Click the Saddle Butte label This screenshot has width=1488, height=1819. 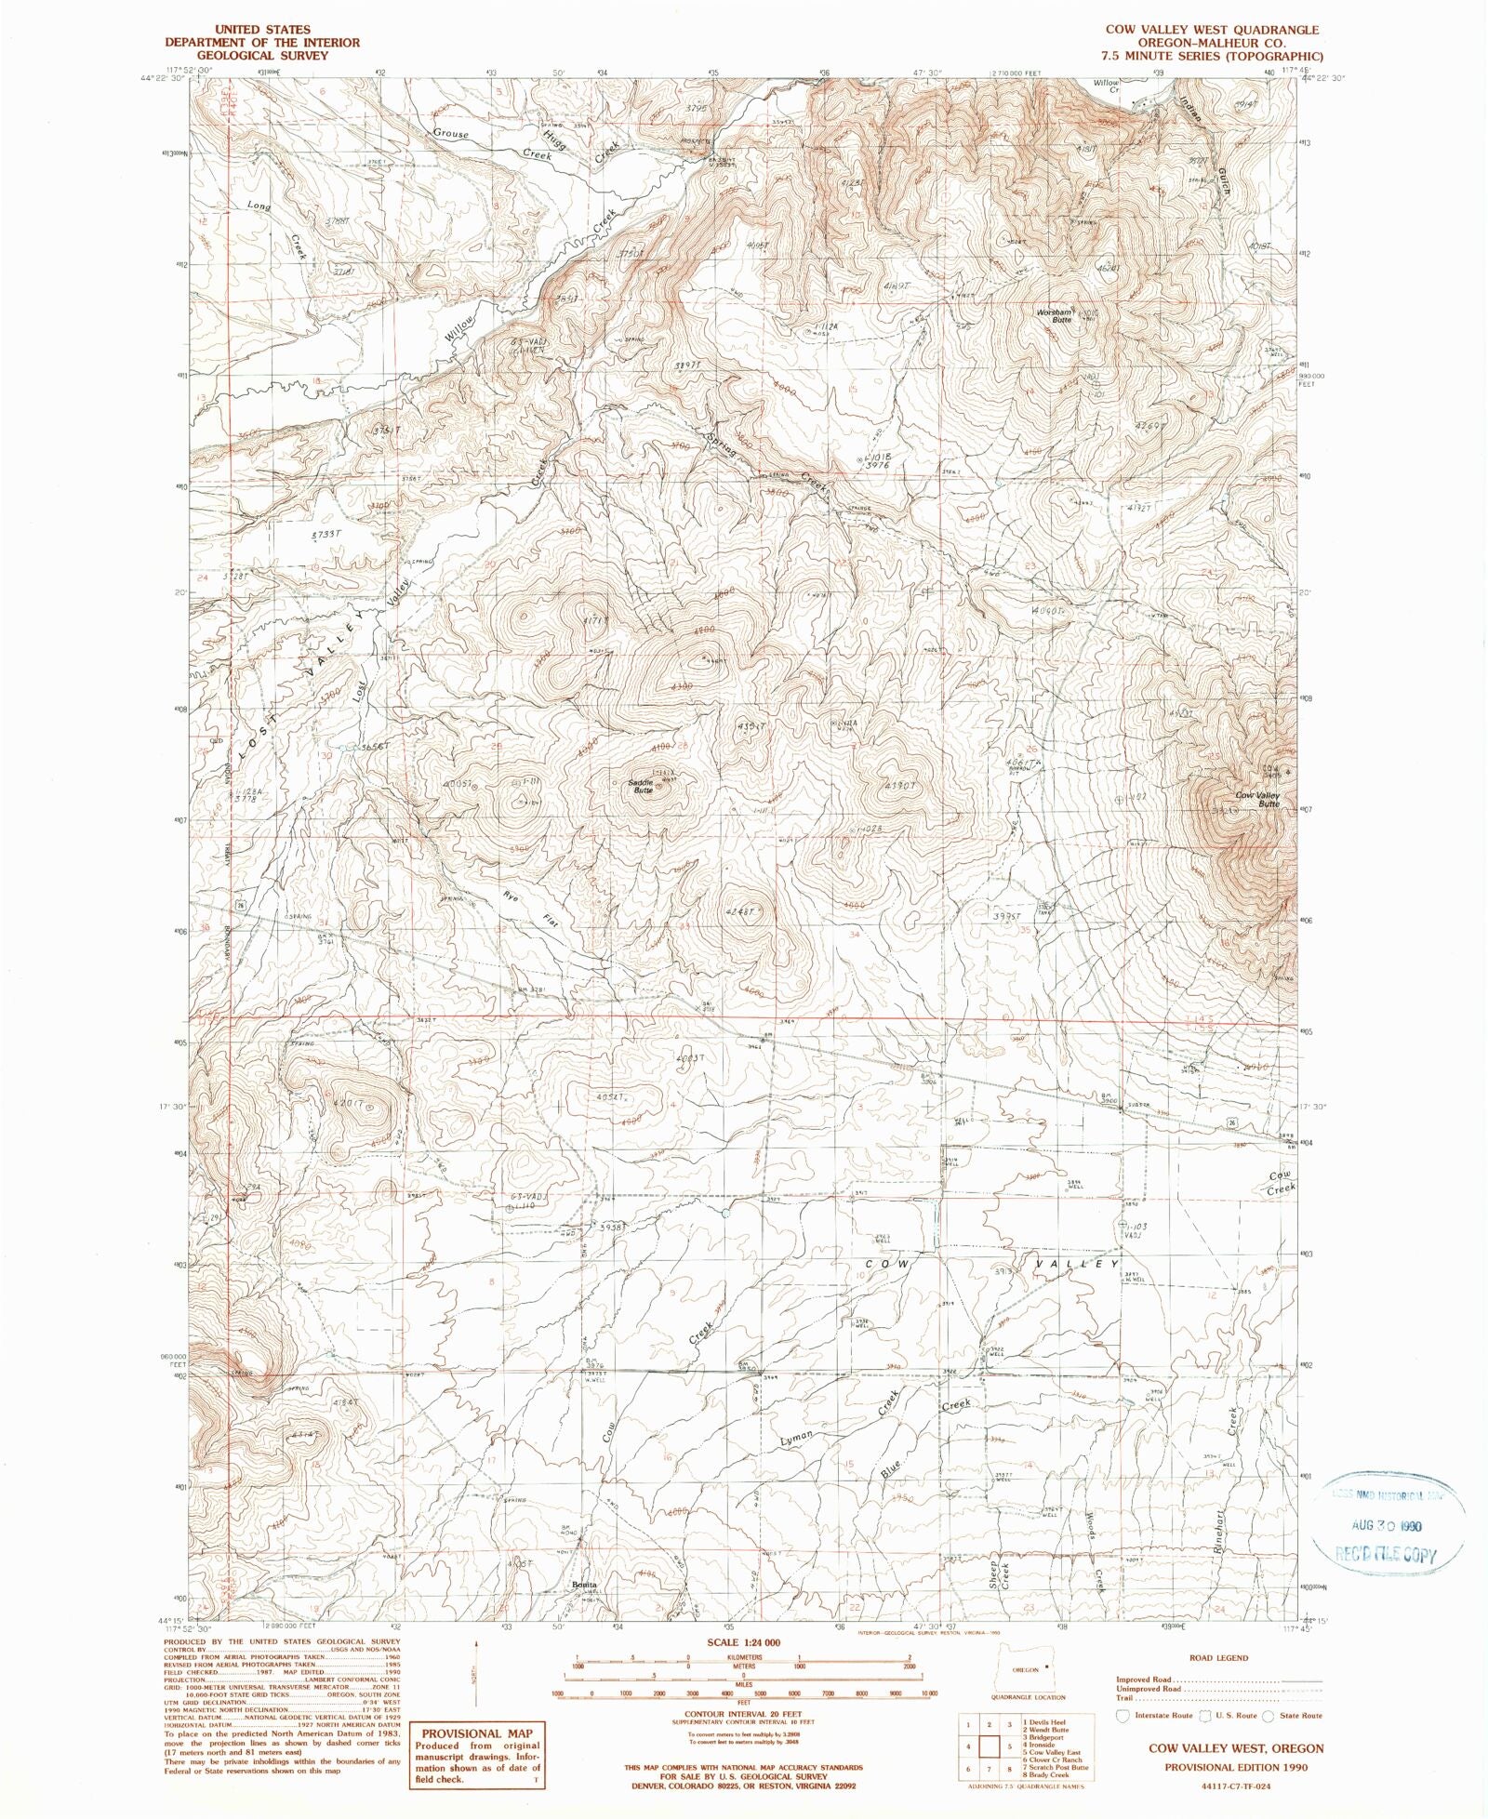coord(642,786)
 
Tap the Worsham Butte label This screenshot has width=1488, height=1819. coord(1056,315)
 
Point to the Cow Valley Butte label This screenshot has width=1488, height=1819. coord(1257,799)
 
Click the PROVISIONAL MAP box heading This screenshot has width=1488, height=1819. coord(477,1733)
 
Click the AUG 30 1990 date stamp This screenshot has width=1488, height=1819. coord(1388,1526)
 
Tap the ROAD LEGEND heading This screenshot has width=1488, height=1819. coord(1218,1658)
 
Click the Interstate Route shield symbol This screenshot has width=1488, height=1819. coord(1123,1715)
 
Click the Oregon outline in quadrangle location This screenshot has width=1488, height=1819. coord(1026,1669)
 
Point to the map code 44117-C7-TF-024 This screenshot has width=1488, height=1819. coord(1227,1787)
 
